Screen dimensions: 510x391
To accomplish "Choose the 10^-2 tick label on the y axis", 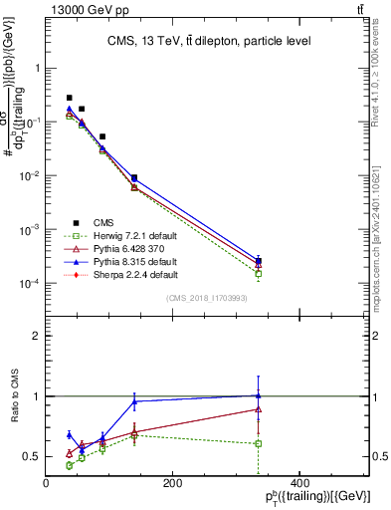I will point(29,176).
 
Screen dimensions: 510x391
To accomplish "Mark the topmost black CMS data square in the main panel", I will point(69,98).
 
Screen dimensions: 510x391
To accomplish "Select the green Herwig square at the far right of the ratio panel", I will point(259,443).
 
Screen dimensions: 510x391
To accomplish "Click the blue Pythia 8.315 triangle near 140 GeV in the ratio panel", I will point(134,401).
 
